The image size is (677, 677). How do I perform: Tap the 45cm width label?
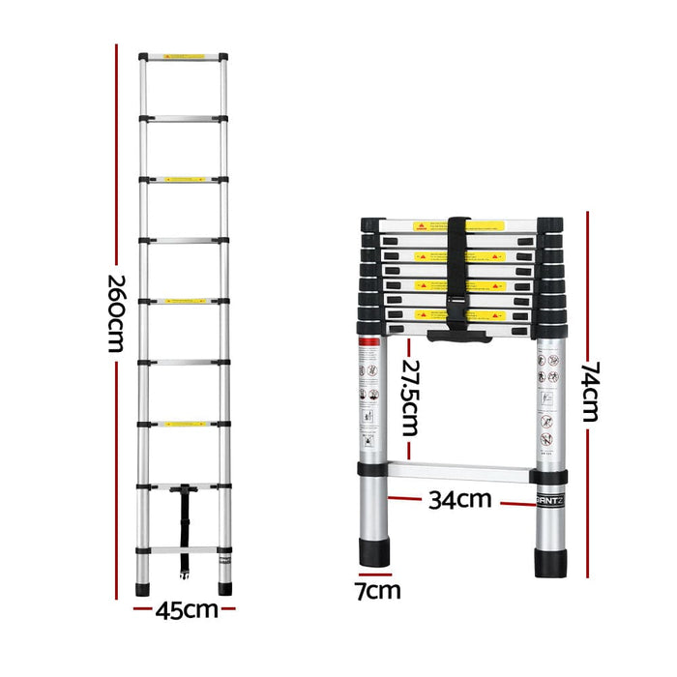[187, 609]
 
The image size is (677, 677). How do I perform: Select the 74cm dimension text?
[591, 392]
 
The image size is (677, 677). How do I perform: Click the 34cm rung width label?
[460, 500]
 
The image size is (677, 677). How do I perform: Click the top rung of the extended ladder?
[184, 58]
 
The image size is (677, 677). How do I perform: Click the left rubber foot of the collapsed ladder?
[374, 554]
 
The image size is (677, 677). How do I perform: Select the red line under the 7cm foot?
[374, 575]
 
